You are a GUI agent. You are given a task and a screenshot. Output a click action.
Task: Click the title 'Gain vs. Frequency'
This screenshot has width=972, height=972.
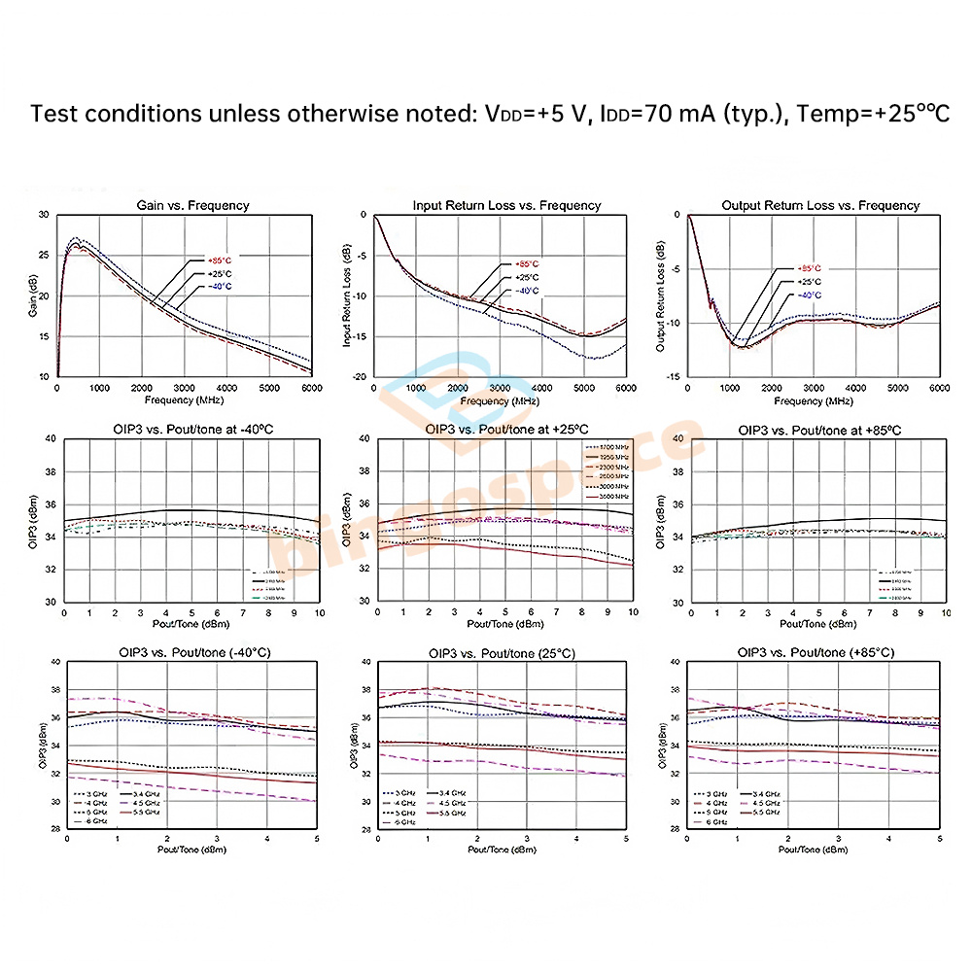click(191, 205)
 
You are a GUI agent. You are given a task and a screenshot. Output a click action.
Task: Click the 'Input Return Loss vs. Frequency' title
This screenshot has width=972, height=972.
click(506, 205)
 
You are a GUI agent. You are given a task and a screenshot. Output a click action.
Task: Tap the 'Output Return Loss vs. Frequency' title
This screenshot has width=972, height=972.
click(820, 205)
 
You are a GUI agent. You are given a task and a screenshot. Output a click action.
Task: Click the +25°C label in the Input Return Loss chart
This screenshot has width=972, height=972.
click(527, 277)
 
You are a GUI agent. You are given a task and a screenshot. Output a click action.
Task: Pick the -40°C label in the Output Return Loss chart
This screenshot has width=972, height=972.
click(809, 295)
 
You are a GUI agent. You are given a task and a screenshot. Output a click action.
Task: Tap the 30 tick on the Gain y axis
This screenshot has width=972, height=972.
click(43, 215)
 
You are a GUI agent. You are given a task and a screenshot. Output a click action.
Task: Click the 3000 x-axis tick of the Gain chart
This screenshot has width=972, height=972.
click(183, 388)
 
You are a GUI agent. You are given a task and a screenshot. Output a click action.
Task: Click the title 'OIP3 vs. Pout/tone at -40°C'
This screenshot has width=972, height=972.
click(191, 430)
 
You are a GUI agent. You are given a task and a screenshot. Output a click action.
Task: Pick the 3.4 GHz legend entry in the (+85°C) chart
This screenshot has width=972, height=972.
click(764, 794)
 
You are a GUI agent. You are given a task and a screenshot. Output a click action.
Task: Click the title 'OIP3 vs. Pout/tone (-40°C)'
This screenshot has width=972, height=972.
click(191, 652)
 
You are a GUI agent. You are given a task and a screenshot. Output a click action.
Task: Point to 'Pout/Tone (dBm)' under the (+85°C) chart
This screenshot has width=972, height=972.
click(815, 849)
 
